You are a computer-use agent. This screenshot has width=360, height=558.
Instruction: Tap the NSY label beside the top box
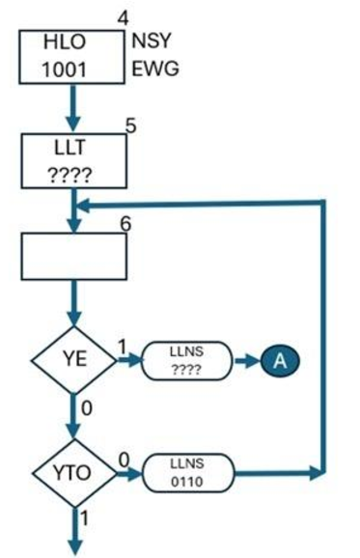pyautogui.click(x=154, y=42)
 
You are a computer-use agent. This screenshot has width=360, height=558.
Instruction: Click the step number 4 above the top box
pyautogui.click(x=122, y=16)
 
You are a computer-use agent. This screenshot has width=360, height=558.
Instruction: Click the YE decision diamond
pyautogui.click(x=73, y=361)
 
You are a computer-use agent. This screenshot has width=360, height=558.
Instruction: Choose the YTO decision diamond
pyautogui.click(x=73, y=473)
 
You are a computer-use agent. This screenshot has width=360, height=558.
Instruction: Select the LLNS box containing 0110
pyautogui.click(x=187, y=473)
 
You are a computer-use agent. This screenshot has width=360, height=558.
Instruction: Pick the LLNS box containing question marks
pyautogui.click(x=187, y=361)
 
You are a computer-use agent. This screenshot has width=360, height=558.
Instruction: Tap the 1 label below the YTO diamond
pyautogui.click(x=85, y=520)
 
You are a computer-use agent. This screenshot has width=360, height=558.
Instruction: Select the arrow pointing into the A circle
pyautogui.click(x=247, y=360)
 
